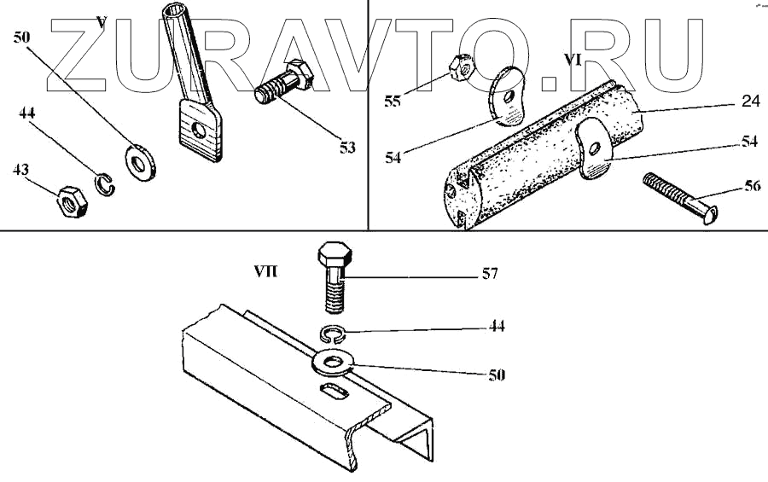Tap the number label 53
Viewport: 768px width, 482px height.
coord(346,148)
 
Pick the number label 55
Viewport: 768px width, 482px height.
coord(392,101)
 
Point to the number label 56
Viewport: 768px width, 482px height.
coord(752,188)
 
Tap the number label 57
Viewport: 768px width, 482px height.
coord(489,275)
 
